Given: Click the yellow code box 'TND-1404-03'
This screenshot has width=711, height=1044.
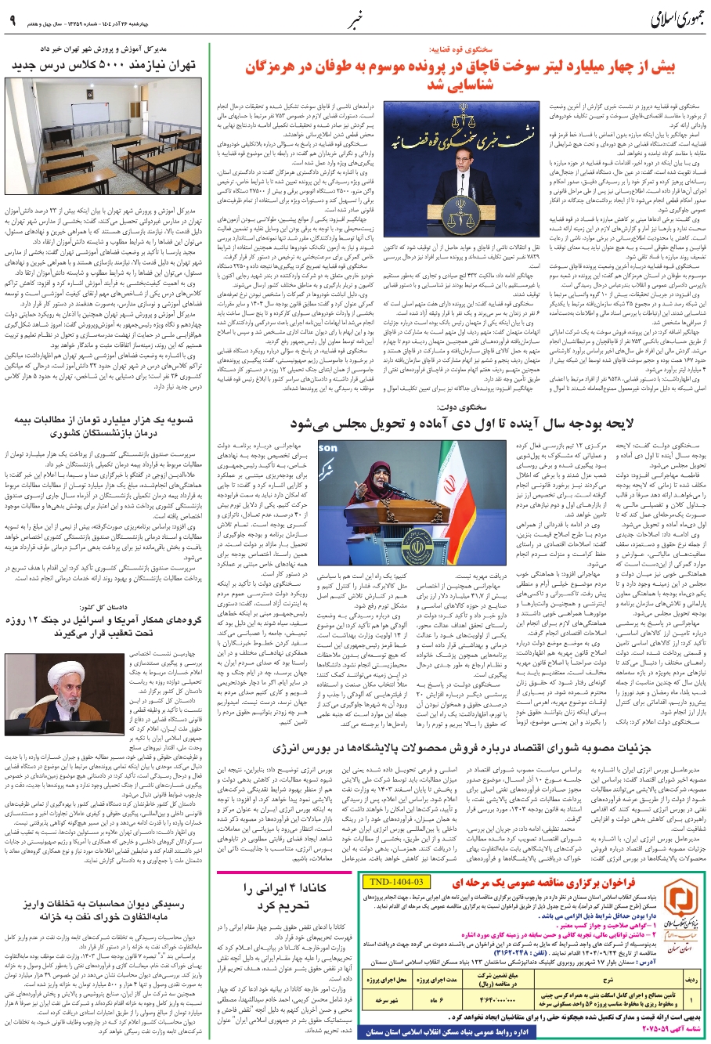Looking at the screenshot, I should coord(395,881).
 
